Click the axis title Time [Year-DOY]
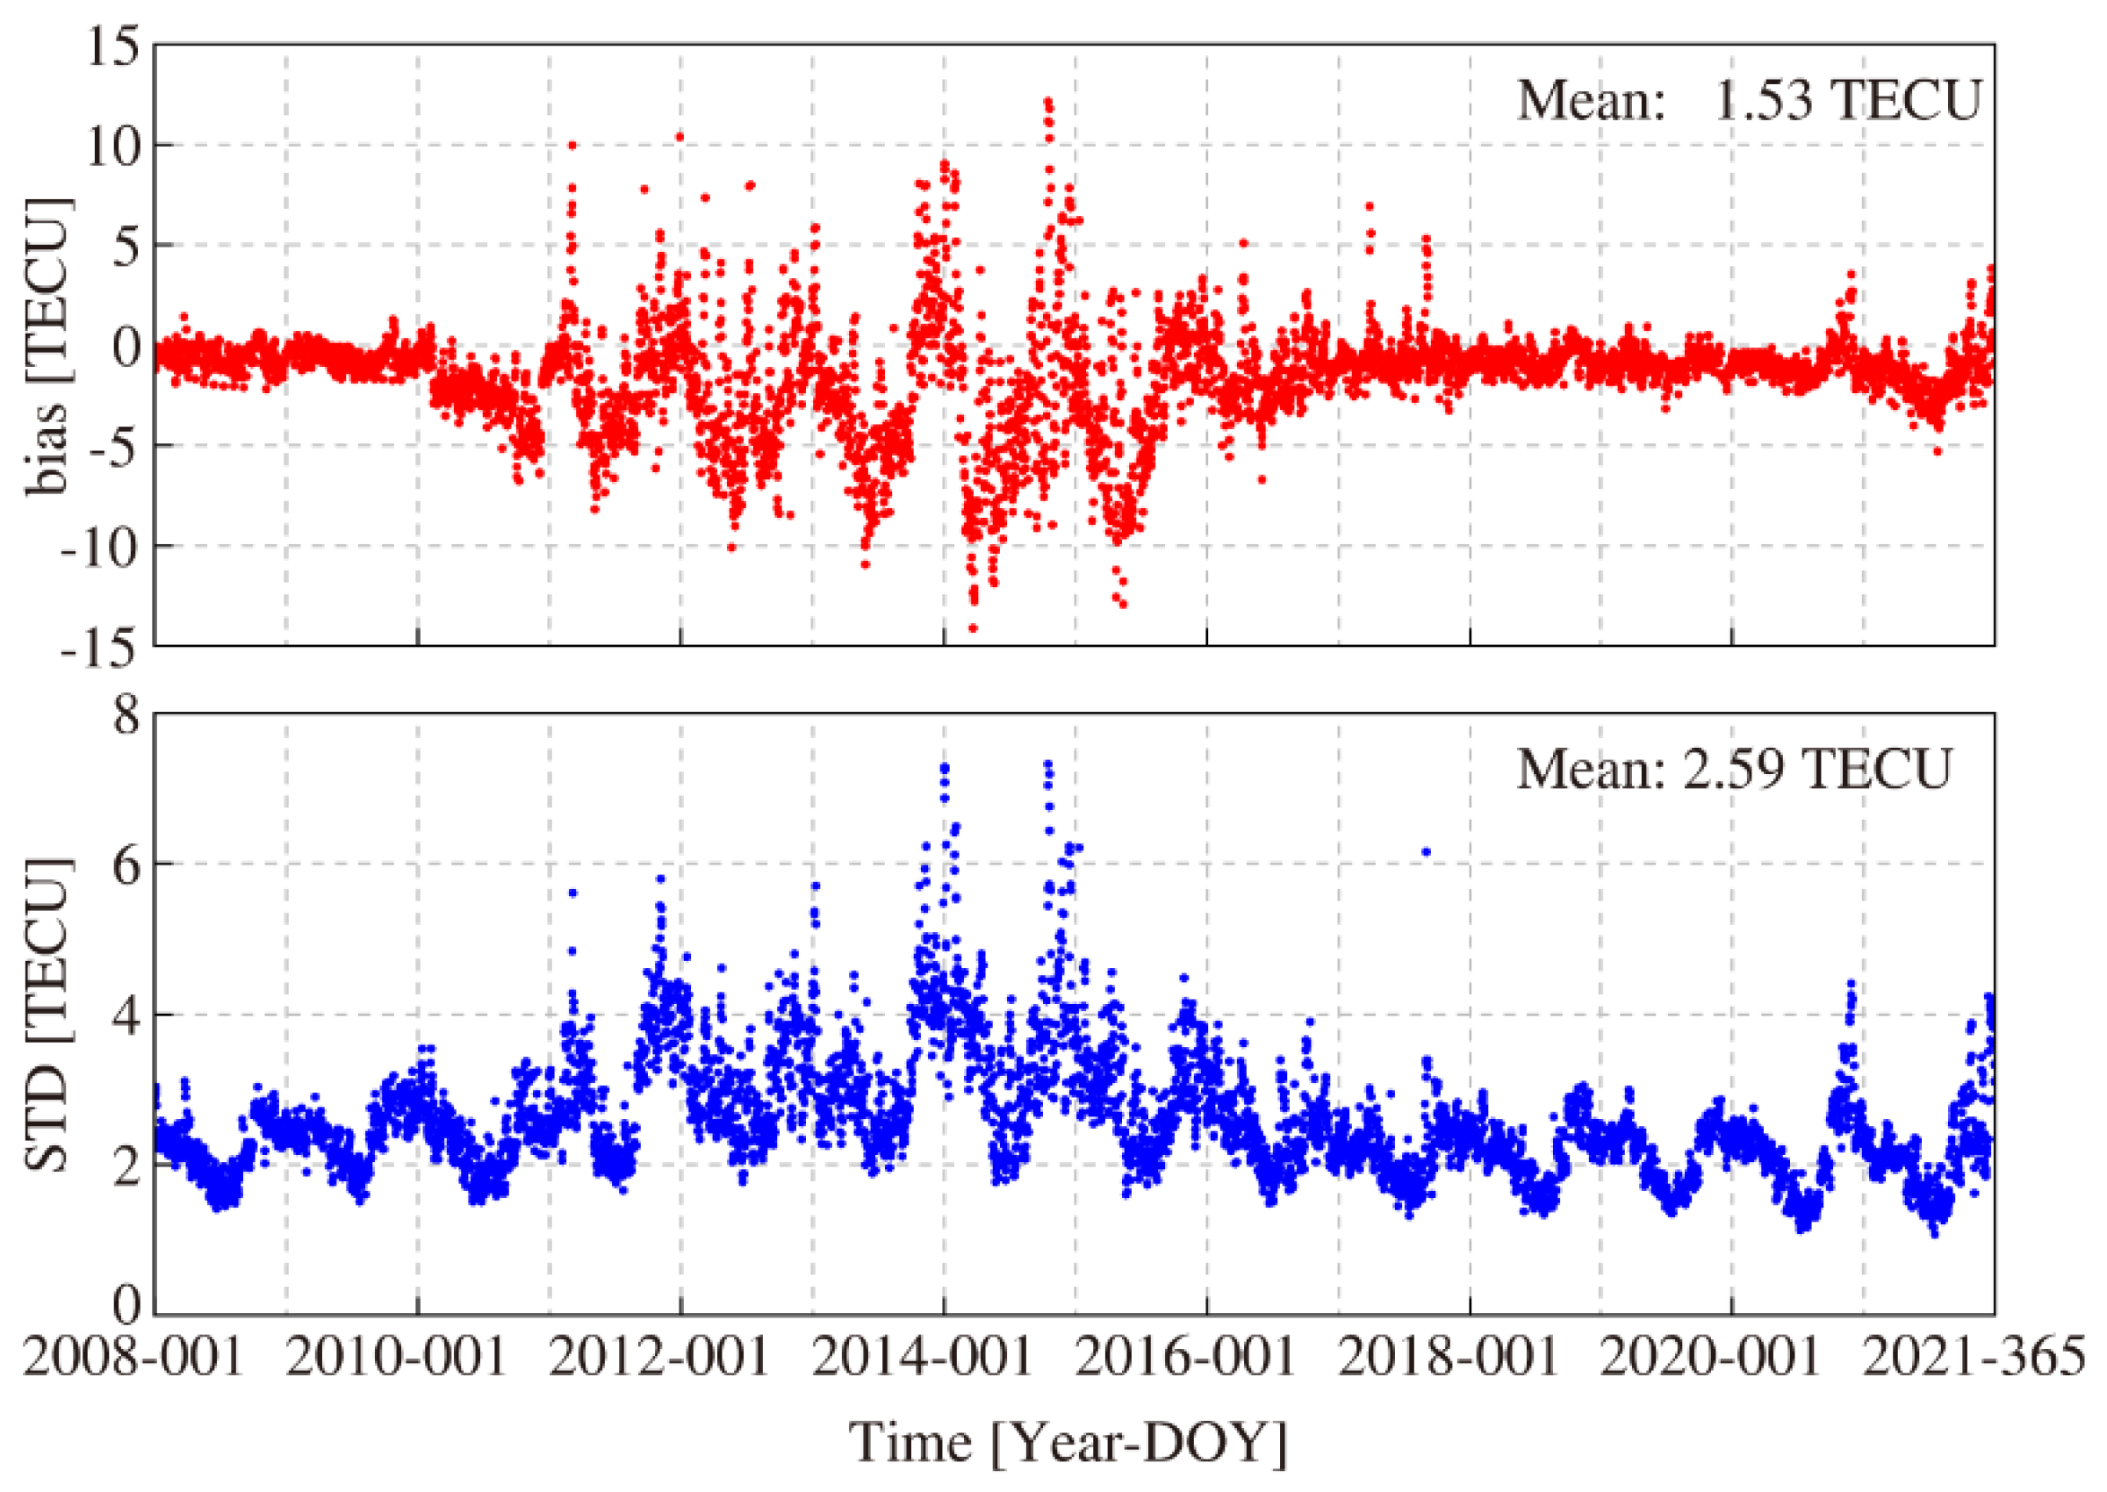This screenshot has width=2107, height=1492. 1067,1441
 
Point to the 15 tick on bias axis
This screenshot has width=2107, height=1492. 112,46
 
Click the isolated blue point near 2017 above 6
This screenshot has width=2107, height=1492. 1426,851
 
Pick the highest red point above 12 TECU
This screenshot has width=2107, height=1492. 1047,101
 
